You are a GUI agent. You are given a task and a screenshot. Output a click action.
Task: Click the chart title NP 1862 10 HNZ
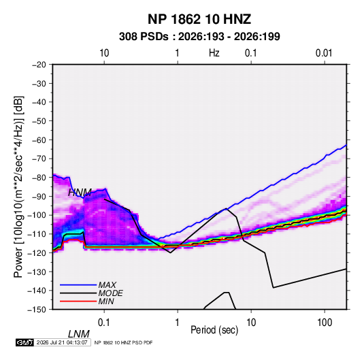[x=199, y=19]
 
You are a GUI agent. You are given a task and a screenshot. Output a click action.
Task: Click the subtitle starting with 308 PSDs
[x=199, y=37]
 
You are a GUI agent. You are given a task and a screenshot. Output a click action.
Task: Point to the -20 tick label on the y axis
[x=39, y=65]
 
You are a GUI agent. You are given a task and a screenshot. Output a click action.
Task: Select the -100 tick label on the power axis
[x=37, y=215]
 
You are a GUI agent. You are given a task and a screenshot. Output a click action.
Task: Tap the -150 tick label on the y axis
[x=37, y=310]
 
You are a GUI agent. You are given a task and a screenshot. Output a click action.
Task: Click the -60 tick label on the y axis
[x=39, y=140]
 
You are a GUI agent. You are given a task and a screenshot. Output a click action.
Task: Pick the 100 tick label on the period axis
[x=325, y=322]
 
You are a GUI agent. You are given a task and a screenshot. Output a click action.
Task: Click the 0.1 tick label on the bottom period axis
[x=104, y=322]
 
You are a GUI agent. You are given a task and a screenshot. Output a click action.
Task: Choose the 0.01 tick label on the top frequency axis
[x=324, y=53]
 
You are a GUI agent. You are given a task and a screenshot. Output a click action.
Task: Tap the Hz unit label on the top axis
[x=214, y=53]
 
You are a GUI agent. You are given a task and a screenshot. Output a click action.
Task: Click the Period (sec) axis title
[x=214, y=330]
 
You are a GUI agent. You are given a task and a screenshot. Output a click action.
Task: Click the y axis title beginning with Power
[x=18, y=186]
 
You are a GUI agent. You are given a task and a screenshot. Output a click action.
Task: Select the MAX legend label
[x=107, y=285]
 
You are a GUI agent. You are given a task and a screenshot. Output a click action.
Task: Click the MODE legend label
[x=110, y=293]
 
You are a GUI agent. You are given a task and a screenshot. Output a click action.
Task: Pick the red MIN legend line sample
[x=78, y=301]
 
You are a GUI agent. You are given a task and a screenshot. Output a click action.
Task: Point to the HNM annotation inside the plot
[x=80, y=193]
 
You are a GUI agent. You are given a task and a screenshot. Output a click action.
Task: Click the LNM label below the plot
[x=79, y=334]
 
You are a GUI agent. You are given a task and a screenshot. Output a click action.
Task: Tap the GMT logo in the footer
[x=24, y=342]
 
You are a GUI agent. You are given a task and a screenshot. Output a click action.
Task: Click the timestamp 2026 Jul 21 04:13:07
[x=62, y=342]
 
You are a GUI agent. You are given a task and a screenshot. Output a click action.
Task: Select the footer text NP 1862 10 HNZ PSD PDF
[x=124, y=342]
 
